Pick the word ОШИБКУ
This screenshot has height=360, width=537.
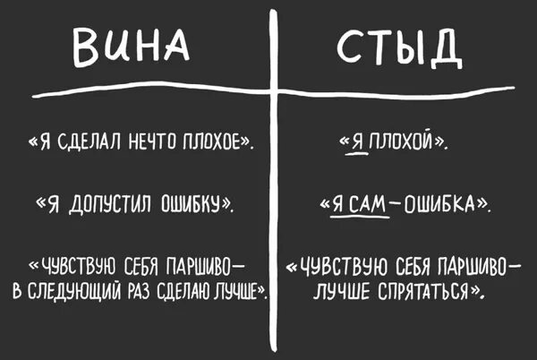192,207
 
